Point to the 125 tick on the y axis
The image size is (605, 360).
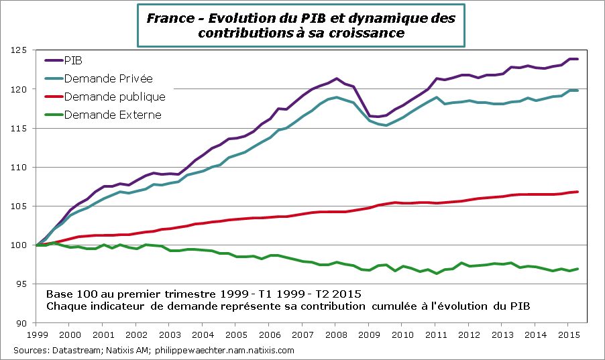tap(22, 50)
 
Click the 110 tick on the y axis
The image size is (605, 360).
tap(22, 167)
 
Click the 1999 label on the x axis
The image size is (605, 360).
tap(38, 334)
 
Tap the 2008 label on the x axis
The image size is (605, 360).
tap(336, 334)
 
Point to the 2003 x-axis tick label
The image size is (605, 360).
tap(170, 334)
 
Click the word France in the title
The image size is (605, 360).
tap(166, 18)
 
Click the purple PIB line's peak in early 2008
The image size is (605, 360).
tap(336, 78)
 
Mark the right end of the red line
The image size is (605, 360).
tap(577, 192)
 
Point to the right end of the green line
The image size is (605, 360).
tap(577, 269)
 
